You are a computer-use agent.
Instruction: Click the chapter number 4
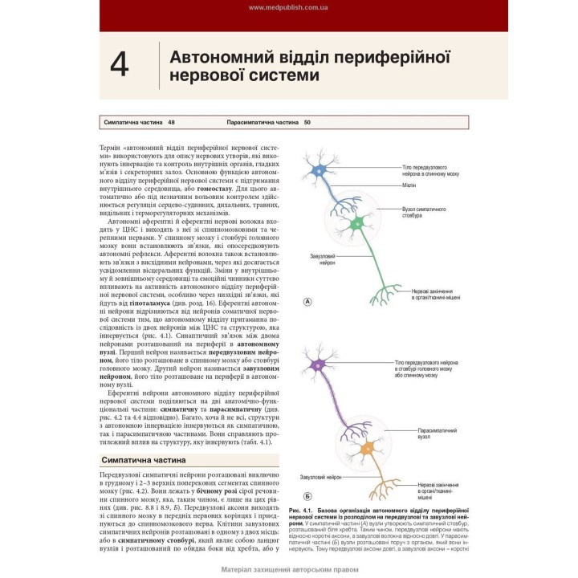pos(119,65)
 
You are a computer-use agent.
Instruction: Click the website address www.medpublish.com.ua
pos(288,7)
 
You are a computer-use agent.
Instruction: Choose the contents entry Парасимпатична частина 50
pos(268,122)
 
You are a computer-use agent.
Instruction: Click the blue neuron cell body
pos(320,169)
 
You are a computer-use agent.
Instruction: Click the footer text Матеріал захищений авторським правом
pos(288,571)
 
